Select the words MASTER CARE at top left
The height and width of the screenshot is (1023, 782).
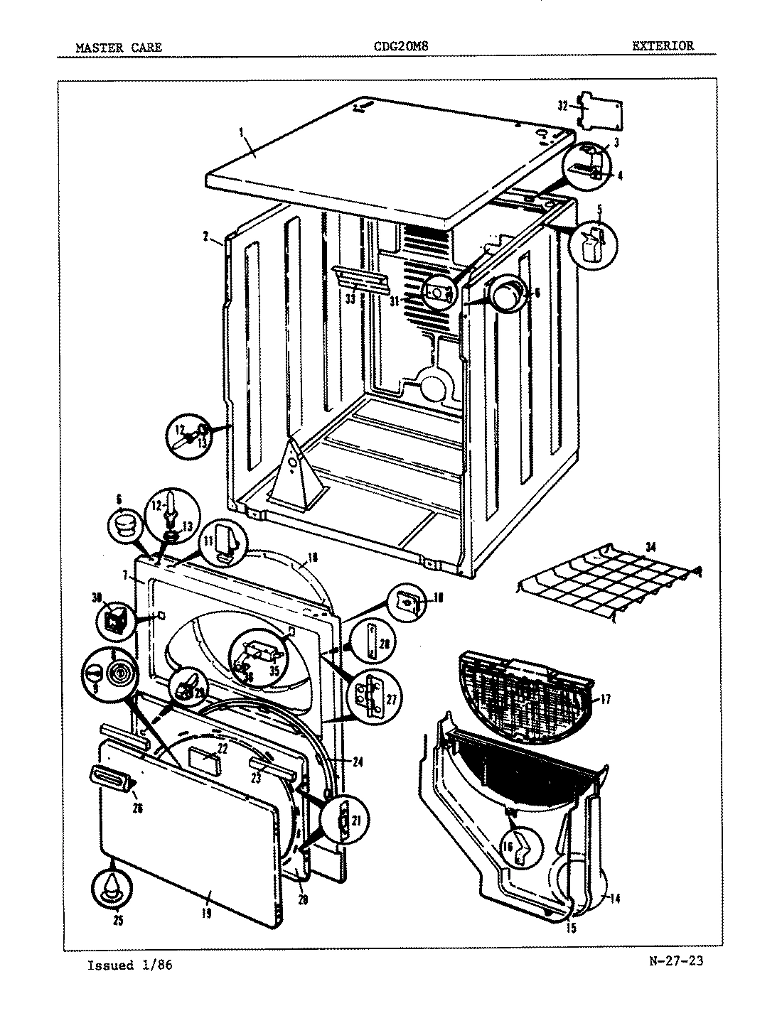click(x=119, y=48)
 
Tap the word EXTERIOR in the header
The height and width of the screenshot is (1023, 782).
click(x=663, y=46)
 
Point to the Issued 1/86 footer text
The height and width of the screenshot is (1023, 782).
click(x=130, y=965)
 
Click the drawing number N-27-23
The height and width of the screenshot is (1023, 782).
click(x=676, y=964)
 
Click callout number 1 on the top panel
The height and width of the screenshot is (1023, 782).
click(x=241, y=132)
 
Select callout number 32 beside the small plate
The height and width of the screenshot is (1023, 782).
click(x=562, y=106)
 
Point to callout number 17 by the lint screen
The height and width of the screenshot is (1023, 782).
click(x=605, y=699)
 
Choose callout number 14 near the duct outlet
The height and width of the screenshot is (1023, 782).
click(x=614, y=899)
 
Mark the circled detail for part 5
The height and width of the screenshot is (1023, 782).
click(x=593, y=244)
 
